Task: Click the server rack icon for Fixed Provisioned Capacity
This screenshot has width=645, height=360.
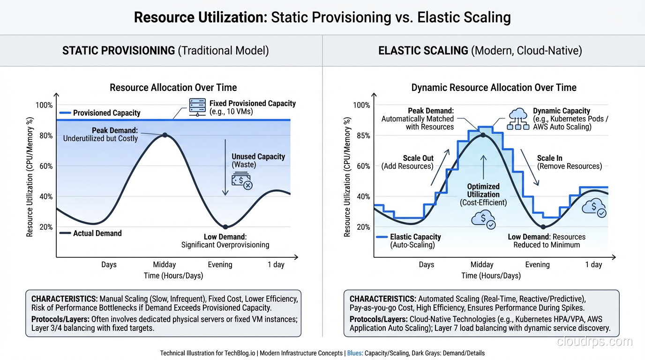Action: (x=197, y=107)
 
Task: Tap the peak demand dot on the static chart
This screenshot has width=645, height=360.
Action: (x=165, y=135)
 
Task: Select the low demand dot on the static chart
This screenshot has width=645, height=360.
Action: (x=225, y=227)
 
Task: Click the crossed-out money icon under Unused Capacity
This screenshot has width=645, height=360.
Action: (x=241, y=181)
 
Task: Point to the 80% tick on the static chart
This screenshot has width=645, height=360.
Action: (x=45, y=135)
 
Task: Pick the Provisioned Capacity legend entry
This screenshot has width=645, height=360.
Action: (x=100, y=113)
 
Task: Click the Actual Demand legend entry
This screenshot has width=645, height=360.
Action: (x=91, y=233)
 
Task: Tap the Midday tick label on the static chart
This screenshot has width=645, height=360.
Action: (x=164, y=264)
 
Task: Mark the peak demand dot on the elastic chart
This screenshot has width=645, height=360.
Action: (x=483, y=135)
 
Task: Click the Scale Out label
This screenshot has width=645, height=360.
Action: (x=418, y=158)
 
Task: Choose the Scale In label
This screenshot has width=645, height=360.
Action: (x=550, y=158)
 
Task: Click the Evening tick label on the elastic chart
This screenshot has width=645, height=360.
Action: (x=537, y=264)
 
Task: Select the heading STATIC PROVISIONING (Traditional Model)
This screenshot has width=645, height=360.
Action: (x=165, y=51)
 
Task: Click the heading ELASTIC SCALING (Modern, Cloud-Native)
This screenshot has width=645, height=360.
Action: (x=480, y=51)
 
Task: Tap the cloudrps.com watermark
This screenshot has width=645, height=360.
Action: (x=594, y=342)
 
